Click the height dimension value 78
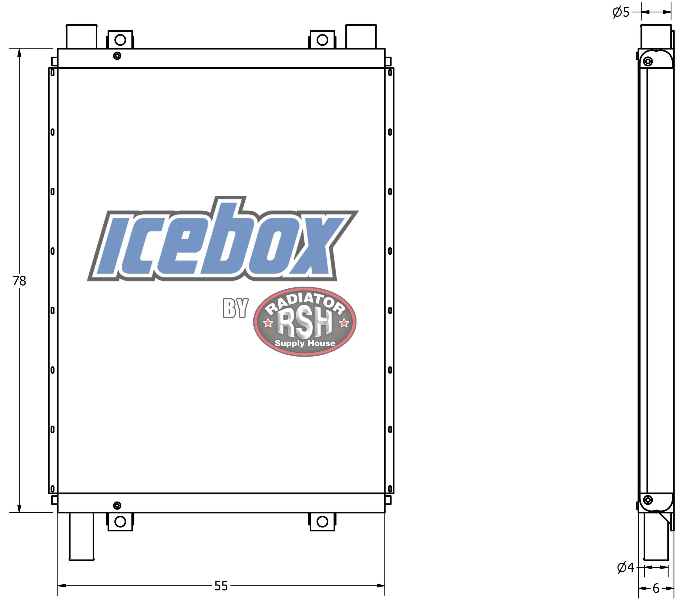click(19, 281)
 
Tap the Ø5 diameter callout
click(621, 12)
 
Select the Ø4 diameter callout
click(626, 567)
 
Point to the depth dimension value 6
click(656, 589)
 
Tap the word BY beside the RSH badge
click(236, 308)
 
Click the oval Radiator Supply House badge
click(305, 322)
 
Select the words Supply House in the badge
click(305, 343)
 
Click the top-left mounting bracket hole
click(120, 40)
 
